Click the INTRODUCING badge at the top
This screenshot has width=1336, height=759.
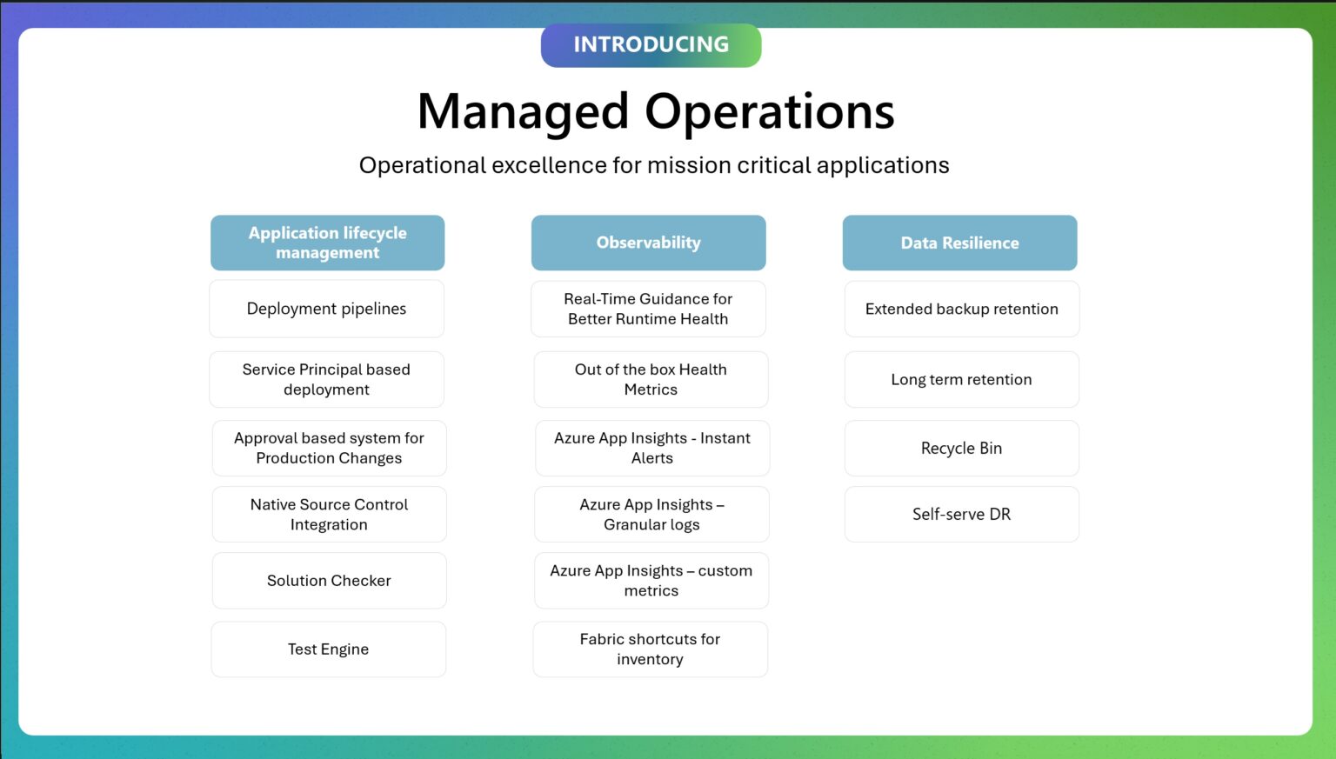pos(651,45)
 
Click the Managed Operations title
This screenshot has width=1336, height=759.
pos(656,112)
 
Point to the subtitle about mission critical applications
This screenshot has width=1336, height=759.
pos(654,165)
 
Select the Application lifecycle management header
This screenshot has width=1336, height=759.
pos(327,243)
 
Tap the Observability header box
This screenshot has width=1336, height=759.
pos(648,243)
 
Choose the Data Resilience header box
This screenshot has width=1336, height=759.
pos(959,243)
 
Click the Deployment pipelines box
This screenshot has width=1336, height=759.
pos(326,309)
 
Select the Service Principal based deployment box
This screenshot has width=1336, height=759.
pos(326,379)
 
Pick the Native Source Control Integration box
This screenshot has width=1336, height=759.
pos(329,514)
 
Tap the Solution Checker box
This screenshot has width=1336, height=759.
pos(329,580)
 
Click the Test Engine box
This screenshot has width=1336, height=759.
pos(328,649)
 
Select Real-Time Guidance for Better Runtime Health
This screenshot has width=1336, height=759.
pos(648,309)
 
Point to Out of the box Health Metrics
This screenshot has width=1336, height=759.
pos(651,379)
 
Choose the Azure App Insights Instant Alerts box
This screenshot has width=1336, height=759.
pos(651,448)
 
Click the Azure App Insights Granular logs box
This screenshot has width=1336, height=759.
pos(651,514)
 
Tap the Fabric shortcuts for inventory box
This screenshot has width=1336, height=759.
pos(650,649)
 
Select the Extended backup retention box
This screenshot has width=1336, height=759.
pos(961,309)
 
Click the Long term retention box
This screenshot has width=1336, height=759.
pos(961,379)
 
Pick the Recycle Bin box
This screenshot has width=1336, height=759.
pos(961,448)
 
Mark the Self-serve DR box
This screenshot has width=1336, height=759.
pos(961,514)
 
